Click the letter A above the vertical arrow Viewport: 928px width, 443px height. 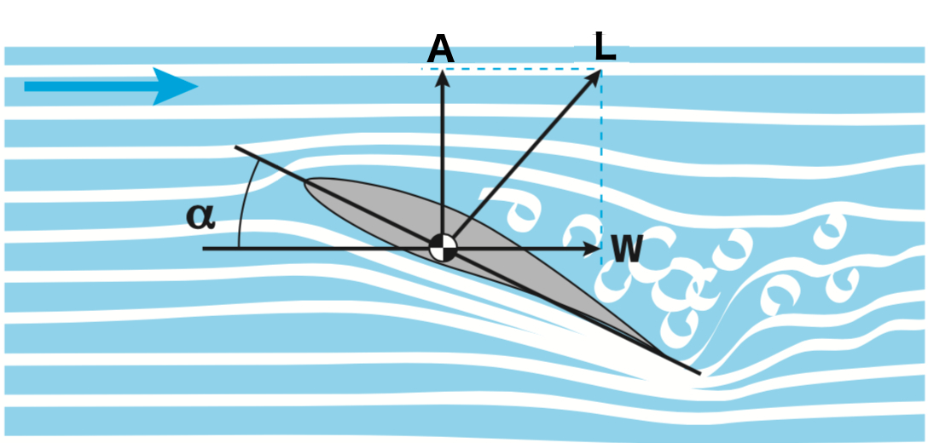(x=440, y=50)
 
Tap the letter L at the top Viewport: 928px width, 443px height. (x=604, y=46)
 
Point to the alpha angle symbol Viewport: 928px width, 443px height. (x=200, y=216)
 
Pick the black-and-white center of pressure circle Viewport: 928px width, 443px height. (x=443, y=249)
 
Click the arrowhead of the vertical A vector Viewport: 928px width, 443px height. (x=442, y=77)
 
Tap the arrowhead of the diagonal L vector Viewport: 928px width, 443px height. (x=594, y=78)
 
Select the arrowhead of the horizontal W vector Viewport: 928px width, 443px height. (x=594, y=249)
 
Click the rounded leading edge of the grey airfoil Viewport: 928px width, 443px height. (x=309, y=185)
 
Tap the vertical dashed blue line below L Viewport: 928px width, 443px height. (x=601, y=153)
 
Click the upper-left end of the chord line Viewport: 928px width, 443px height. (x=236, y=147)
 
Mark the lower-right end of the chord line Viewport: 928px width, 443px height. (x=699, y=373)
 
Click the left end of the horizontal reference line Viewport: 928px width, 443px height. (x=205, y=249)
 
